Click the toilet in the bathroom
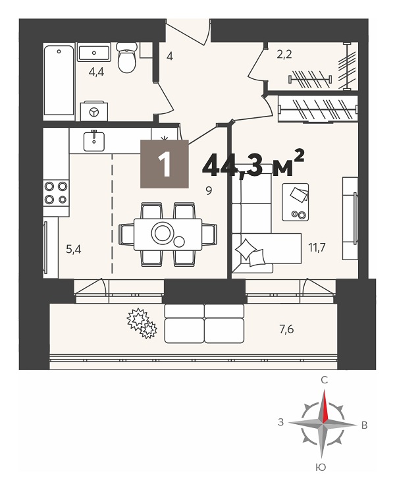pos(127,58)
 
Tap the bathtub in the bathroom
pos(59,80)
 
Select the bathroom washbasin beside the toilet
pos(93,53)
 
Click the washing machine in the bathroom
pos(94,111)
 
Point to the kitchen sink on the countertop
pos(93,141)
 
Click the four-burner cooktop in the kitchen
pos(56,193)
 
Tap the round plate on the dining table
pos(162,232)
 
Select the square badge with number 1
pos(165,164)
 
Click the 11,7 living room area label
pos(317,248)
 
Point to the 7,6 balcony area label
pos(286,329)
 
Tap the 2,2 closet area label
pos(284,55)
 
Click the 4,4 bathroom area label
pos(97,72)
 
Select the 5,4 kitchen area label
pos(74,250)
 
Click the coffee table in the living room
pos(296,202)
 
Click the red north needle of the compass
pos(325,406)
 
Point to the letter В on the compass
pos(364,425)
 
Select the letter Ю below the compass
pos(321,467)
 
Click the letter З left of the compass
pos(281,422)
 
